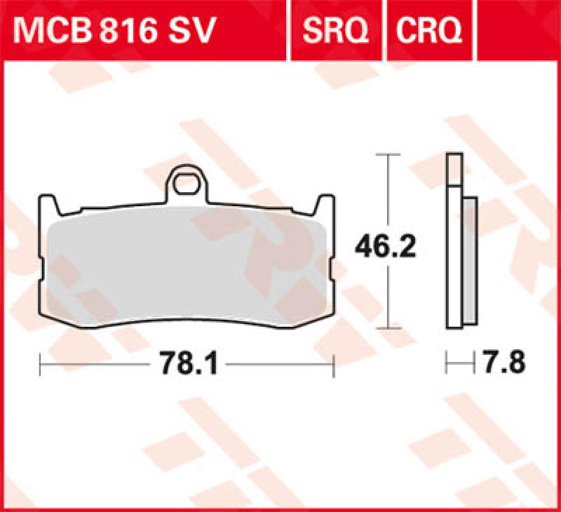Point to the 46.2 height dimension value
click(x=382, y=245)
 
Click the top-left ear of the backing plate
click(x=48, y=206)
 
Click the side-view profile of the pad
click(x=461, y=252)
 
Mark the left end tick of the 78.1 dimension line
click(x=41, y=365)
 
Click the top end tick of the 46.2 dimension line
click(x=388, y=154)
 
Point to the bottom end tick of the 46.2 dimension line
click(x=388, y=328)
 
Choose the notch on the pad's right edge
click(x=332, y=270)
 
